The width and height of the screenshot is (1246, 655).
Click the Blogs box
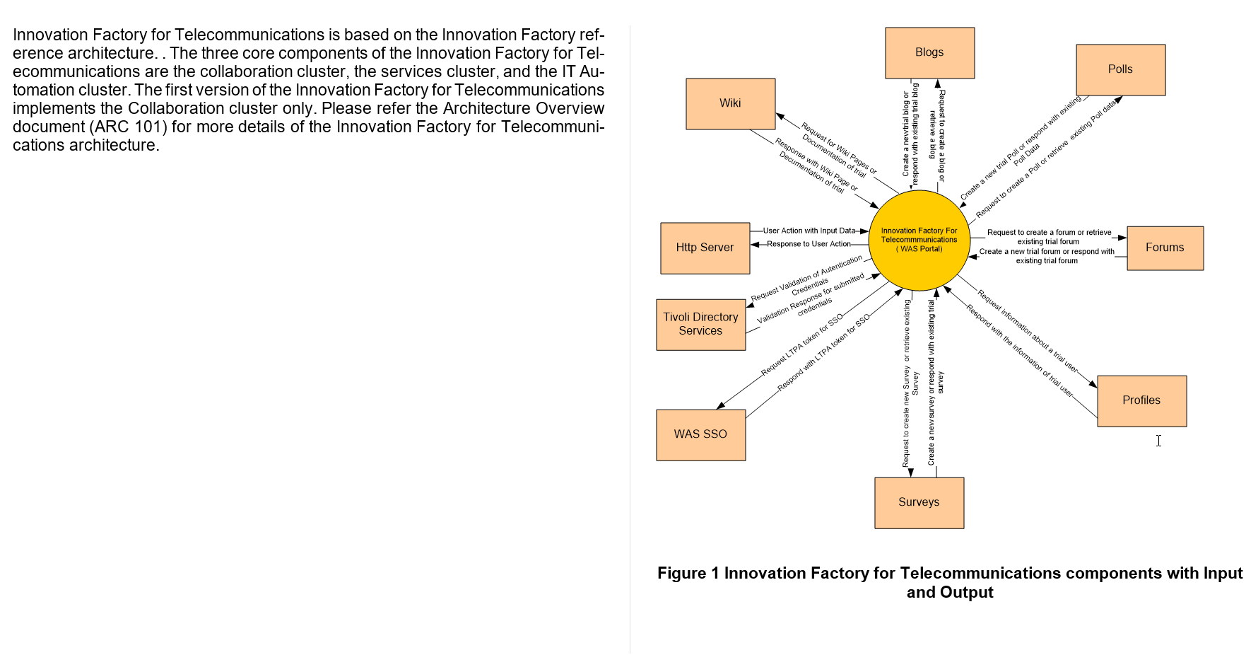tap(929, 53)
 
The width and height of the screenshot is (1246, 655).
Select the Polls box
tap(1120, 69)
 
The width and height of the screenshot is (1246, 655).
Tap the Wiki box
tap(730, 103)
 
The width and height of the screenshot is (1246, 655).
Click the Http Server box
tap(705, 248)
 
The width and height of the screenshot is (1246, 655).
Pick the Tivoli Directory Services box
tap(700, 324)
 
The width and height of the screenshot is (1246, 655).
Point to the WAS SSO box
tap(700, 434)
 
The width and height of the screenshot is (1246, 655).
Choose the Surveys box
tap(919, 502)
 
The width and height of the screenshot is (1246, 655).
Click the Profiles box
tap(1141, 400)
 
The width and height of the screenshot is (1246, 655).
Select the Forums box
tap(1165, 248)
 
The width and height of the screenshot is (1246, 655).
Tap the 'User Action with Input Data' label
tap(809, 231)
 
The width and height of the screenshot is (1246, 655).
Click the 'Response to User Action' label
tap(809, 244)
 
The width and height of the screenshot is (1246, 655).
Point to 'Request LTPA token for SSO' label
tap(801, 344)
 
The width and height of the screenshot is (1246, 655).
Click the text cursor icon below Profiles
tap(1158, 441)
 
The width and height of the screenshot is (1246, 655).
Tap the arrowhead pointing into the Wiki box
tap(780, 116)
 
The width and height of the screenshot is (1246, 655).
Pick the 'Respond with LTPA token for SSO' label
tap(823, 353)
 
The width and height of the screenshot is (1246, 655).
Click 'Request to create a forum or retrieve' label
tap(1049, 232)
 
